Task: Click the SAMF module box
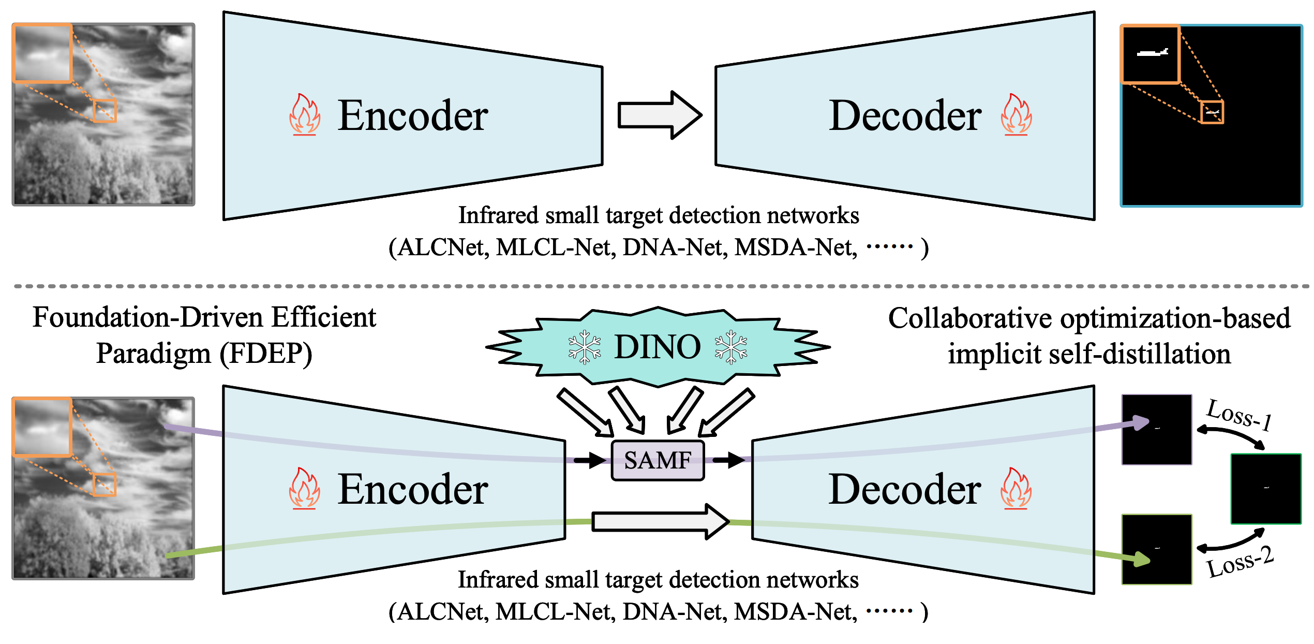click(x=658, y=460)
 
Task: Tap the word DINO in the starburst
click(x=657, y=347)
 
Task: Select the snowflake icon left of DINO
click(x=585, y=347)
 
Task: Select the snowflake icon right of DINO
click(x=730, y=347)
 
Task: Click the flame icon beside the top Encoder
click(x=305, y=115)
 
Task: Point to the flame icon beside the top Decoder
click(x=1016, y=115)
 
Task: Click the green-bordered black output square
click(x=1266, y=489)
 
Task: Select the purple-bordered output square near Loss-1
click(x=1157, y=430)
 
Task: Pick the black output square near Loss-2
click(x=1157, y=549)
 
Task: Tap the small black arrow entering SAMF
click(x=590, y=460)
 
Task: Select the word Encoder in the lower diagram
click(x=413, y=489)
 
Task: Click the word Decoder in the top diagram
click(x=905, y=115)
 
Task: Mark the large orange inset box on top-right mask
click(x=1151, y=54)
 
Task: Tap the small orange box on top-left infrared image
click(x=104, y=111)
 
